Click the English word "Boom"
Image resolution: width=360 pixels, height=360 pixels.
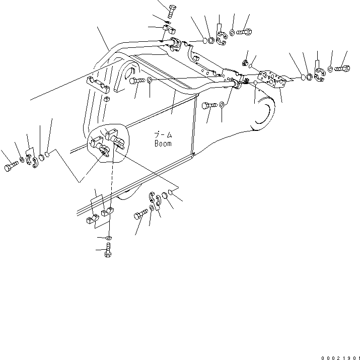163,143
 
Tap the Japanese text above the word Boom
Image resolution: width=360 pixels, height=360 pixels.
163,135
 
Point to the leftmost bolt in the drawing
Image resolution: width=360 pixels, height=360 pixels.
12,168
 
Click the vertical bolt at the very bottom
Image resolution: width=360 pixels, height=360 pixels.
108,251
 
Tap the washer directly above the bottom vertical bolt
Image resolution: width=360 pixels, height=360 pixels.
109,237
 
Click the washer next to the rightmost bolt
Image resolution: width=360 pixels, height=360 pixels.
330,68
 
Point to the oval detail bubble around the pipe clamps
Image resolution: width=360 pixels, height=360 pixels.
109,143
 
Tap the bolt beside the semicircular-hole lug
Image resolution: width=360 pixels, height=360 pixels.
138,80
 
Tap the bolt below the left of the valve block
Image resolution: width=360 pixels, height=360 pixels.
209,106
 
